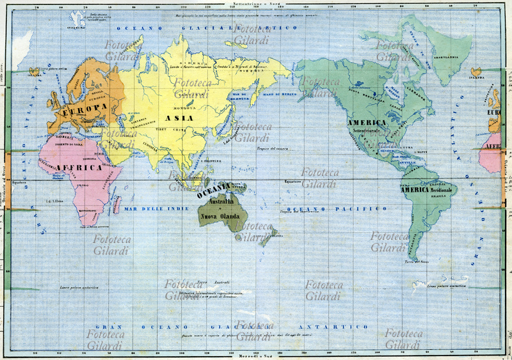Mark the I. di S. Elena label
point(53,200)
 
